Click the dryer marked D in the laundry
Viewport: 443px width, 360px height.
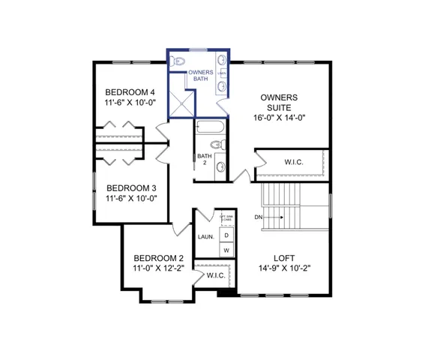[226, 235]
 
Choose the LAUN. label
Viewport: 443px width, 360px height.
[206, 237]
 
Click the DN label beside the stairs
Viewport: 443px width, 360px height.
[259, 217]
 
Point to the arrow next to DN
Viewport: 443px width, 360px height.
[274, 217]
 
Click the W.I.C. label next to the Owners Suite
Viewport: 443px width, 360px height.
[293, 162]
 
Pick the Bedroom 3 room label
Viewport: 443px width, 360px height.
[130, 187]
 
